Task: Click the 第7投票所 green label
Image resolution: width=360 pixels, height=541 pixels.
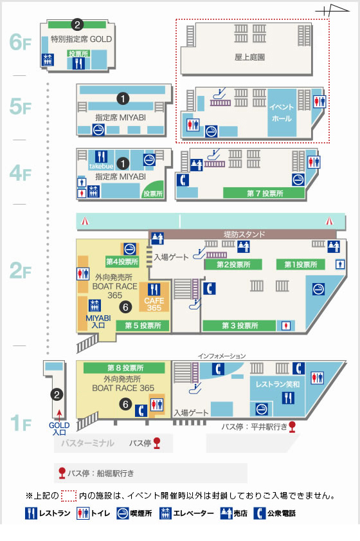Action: tap(264, 193)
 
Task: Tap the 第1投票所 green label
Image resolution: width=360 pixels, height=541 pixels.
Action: tap(301, 264)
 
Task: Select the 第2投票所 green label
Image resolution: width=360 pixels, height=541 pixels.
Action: tap(233, 264)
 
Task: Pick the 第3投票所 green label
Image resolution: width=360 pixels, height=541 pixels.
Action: tap(239, 326)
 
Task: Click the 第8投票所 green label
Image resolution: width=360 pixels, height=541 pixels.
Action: tap(125, 368)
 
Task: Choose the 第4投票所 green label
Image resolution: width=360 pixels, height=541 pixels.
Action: tap(122, 262)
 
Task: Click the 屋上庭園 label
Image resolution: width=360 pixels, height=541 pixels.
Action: tap(251, 57)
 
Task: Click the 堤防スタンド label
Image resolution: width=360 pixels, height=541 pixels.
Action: tap(244, 235)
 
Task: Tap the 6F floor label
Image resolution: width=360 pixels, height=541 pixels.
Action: tap(20, 43)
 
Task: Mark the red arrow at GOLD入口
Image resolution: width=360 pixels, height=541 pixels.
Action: tap(59, 414)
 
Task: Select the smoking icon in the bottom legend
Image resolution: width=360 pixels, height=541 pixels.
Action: tap(123, 513)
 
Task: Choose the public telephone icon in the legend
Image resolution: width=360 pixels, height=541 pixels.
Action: tap(260, 513)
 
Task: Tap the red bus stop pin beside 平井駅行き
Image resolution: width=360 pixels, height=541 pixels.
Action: tap(292, 426)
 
